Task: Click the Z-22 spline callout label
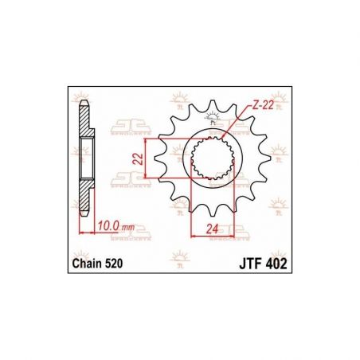coord(262,106)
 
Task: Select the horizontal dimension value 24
coord(212,229)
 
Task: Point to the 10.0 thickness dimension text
coord(108,226)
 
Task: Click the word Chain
coord(87,264)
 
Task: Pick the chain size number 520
coord(114,264)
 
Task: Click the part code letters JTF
coord(249,264)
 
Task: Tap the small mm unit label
coord(128,228)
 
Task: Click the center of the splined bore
coord(213,158)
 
